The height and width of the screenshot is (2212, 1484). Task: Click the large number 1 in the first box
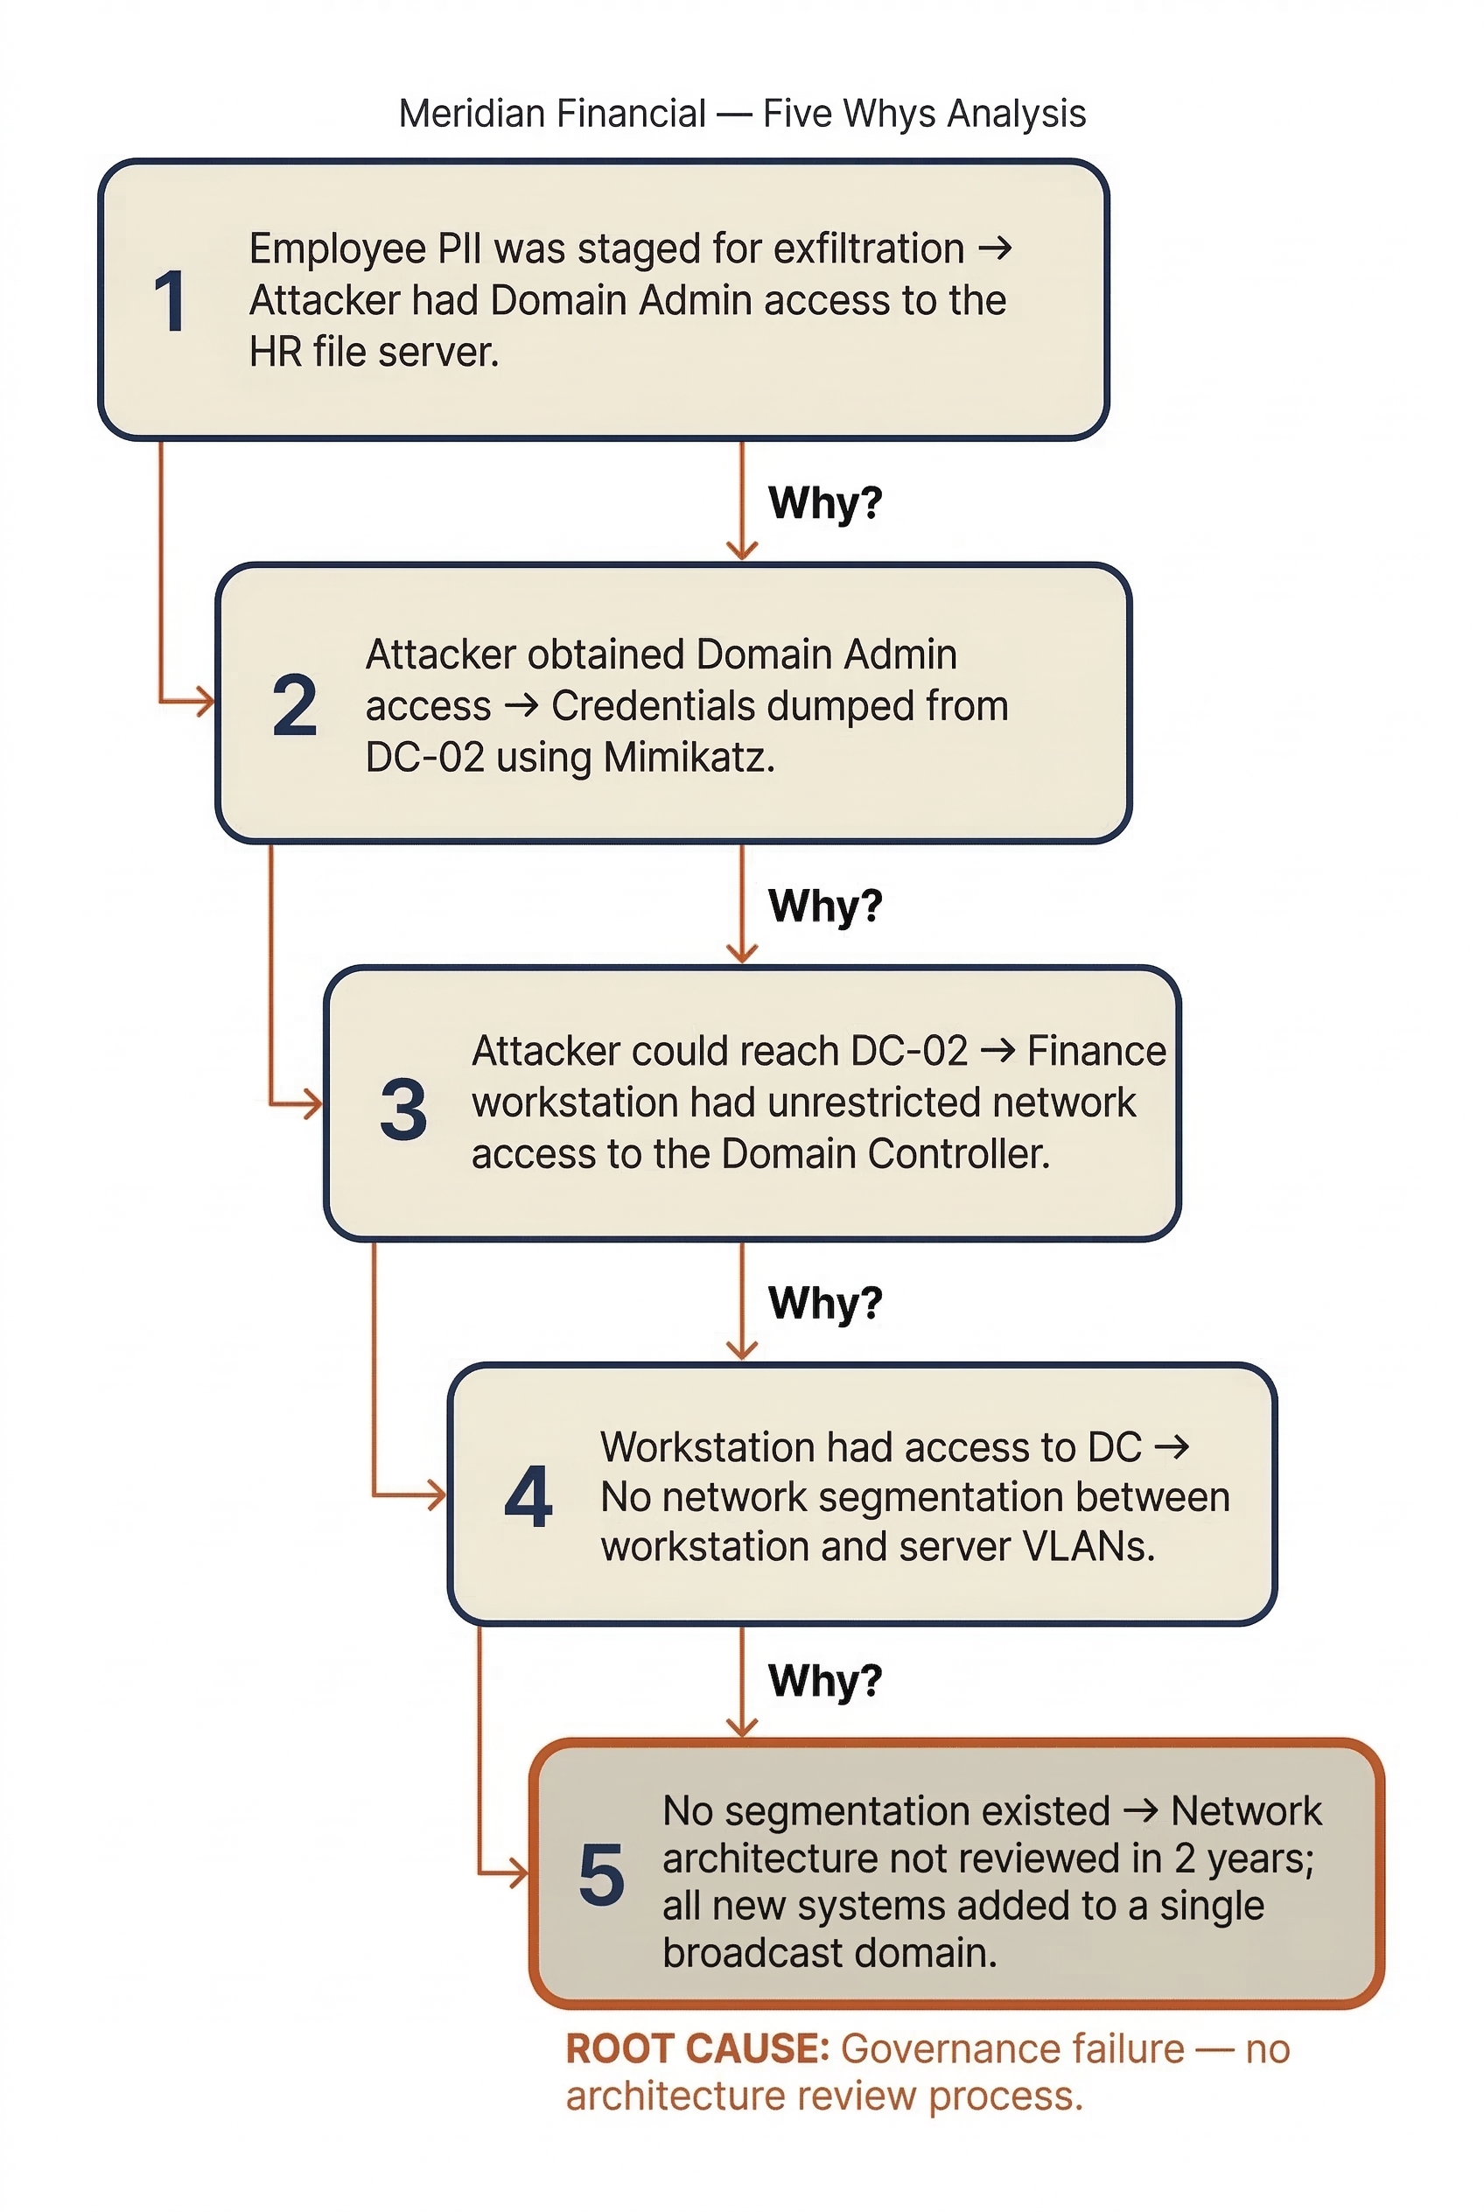point(170,301)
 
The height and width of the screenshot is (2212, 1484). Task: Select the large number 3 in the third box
point(403,1109)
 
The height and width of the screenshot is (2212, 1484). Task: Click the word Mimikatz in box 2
point(688,758)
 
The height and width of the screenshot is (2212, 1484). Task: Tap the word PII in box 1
point(459,248)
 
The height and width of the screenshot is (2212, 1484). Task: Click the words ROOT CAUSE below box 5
point(696,2049)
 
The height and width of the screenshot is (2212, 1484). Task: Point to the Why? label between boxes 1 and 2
point(824,502)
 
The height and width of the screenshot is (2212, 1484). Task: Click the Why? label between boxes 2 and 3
point(824,906)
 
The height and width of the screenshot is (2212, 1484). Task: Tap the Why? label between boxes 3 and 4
point(824,1304)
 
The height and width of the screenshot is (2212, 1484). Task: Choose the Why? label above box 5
point(824,1682)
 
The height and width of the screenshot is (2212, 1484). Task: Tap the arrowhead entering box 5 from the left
point(519,1872)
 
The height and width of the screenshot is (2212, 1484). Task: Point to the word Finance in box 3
point(1096,1052)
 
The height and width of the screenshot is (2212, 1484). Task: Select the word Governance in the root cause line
point(1011,2049)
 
